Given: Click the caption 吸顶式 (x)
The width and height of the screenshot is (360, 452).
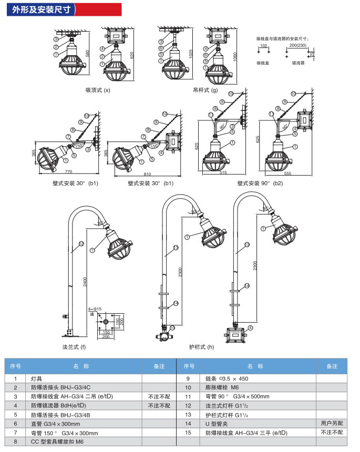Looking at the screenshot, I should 98,90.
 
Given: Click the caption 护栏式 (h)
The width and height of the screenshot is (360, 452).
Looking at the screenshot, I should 202,347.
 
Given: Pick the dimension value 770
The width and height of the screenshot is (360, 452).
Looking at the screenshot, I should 68,172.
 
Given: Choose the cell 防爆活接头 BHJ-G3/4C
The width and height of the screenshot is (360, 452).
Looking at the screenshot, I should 61,387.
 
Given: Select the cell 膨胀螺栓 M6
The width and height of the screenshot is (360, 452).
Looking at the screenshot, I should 223,387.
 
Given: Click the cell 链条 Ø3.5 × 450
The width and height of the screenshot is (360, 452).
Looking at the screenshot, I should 227,378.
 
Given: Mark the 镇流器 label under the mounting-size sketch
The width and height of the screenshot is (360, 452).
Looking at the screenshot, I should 299,63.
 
